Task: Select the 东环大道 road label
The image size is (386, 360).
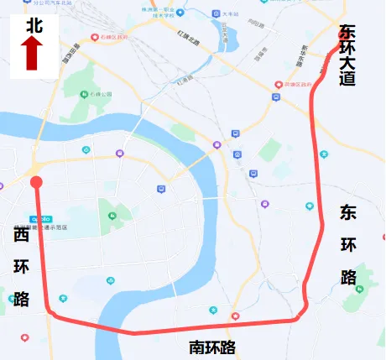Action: [x=347, y=55]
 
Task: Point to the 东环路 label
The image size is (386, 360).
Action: [x=349, y=244]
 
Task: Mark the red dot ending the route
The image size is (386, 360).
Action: [x=36, y=182]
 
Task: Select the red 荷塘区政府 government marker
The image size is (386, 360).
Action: [x=279, y=85]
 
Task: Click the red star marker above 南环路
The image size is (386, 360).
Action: [x=235, y=316]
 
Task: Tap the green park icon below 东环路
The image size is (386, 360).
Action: [x=362, y=289]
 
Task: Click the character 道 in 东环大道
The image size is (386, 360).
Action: [x=347, y=80]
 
